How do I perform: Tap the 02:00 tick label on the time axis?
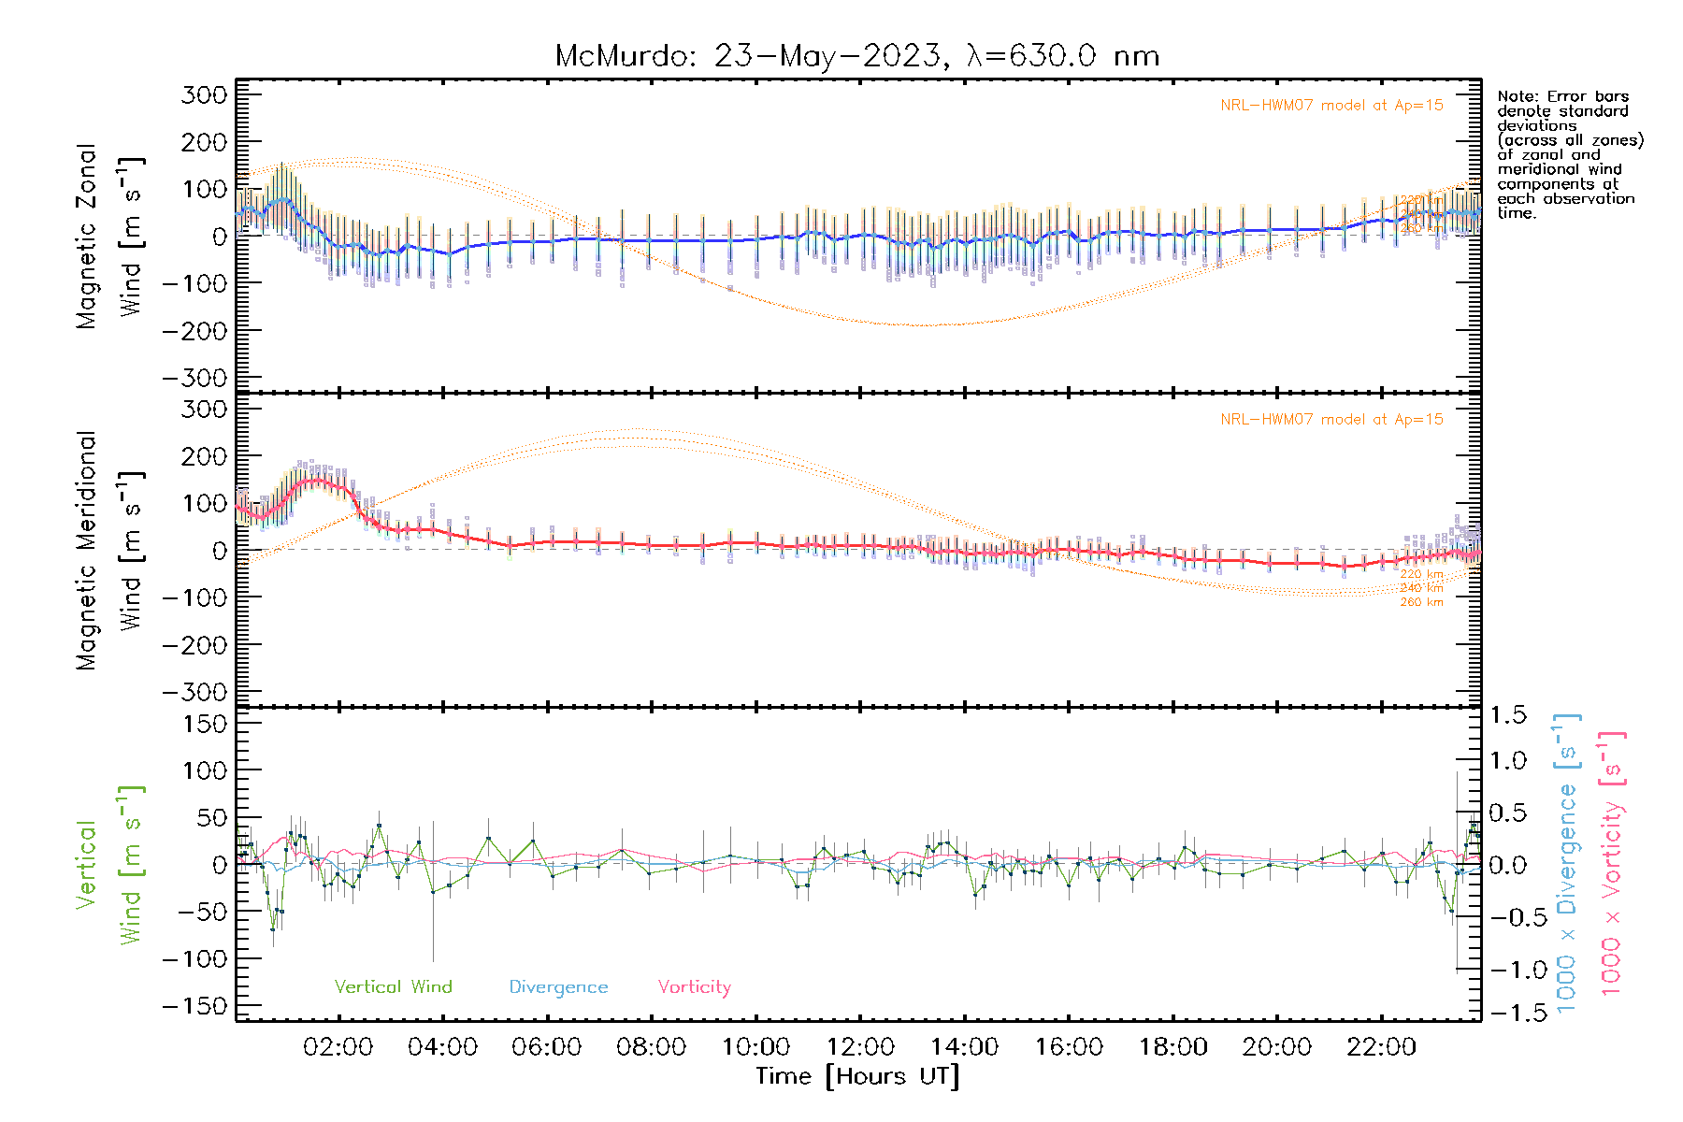pyautogui.click(x=338, y=1047)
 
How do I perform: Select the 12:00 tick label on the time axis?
pyautogui.click(x=860, y=1047)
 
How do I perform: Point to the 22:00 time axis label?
pyautogui.click(x=1381, y=1047)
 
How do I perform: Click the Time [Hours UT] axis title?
pyautogui.click(x=857, y=1076)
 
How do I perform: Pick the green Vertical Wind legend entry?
pyautogui.click(x=393, y=986)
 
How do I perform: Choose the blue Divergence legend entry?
pyautogui.click(x=558, y=986)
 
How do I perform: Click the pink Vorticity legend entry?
pyautogui.click(x=694, y=986)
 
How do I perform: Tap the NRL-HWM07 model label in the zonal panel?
pyautogui.click(x=1331, y=105)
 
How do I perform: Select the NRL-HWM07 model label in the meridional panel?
pyautogui.click(x=1331, y=419)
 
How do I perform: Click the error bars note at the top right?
pyautogui.click(x=1569, y=154)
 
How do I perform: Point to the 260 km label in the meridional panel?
pyautogui.click(x=1421, y=602)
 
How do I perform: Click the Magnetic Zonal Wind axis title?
pyautogui.click(x=110, y=236)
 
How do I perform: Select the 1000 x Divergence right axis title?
pyautogui.click(x=1567, y=863)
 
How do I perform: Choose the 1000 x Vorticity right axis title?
pyautogui.click(x=1612, y=863)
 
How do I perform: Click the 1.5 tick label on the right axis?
pyautogui.click(x=1508, y=715)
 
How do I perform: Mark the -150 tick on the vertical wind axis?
pyautogui.click(x=194, y=1006)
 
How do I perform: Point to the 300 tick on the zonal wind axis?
pyautogui.click(x=204, y=94)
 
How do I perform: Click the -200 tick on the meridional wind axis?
pyautogui.click(x=194, y=645)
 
